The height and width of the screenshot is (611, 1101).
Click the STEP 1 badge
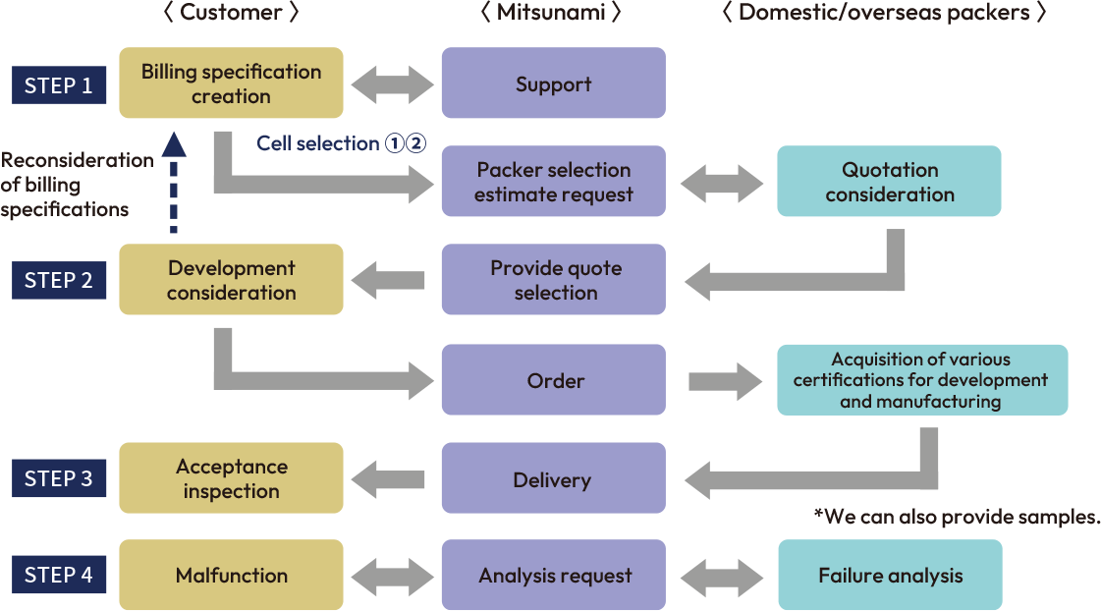coord(59,84)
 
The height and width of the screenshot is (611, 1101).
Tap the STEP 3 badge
coord(59,478)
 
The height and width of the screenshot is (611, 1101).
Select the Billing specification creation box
coord(231,83)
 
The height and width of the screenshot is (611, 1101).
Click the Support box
coord(554,83)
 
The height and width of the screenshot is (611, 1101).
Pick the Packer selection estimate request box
coord(554,182)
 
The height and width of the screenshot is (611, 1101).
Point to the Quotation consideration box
coord(889,182)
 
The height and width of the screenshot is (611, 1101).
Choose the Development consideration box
coord(231,280)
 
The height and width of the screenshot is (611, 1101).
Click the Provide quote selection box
coord(554,280)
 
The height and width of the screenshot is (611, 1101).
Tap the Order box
coord(554,380)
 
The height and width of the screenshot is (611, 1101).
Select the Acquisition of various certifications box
coord(921,380)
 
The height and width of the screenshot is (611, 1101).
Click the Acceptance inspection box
coord(231,478)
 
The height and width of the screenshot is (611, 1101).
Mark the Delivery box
coord(554,479)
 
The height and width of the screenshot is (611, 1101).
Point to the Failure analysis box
coord(890,576)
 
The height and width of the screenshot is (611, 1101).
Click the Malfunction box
coord(231,576)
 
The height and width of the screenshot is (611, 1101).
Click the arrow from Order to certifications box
coord(725,380)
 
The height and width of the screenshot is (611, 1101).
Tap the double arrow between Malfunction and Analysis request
coord(392,576)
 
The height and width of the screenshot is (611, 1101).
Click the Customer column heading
coord(231,13)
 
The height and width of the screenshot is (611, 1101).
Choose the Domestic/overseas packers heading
coord(884,13)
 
